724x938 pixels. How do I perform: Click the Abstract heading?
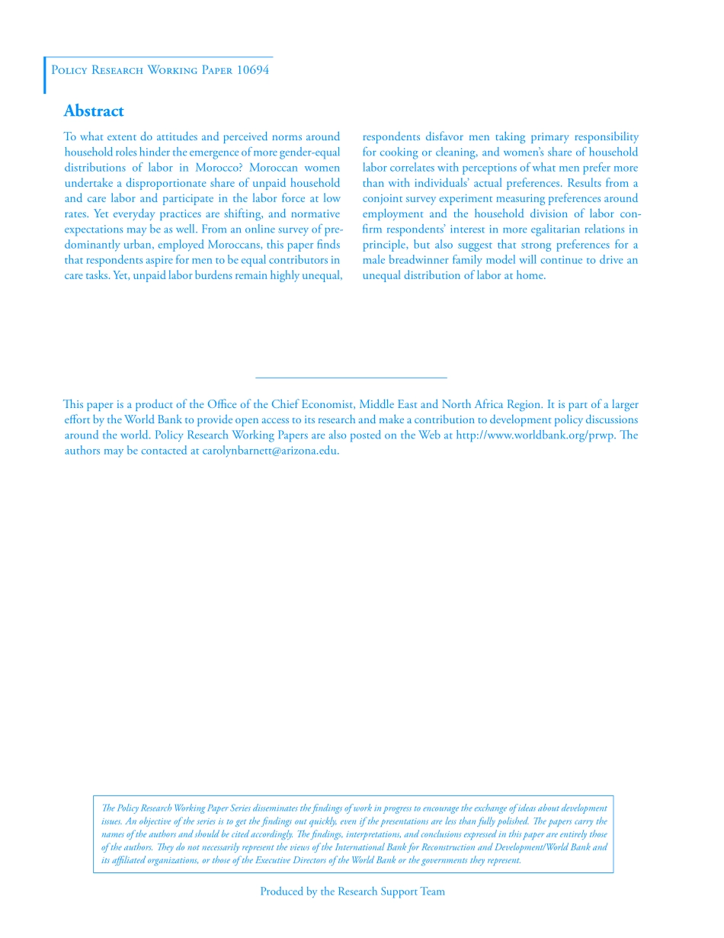pos(94,111)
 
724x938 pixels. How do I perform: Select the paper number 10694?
pos(252,70)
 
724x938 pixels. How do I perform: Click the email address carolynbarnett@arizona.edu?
pos(271,451)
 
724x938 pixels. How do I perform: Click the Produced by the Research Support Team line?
pos(352,891)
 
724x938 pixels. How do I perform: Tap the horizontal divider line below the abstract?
pos(351,377)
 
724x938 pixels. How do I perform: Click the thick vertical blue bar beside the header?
pos(44,75)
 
